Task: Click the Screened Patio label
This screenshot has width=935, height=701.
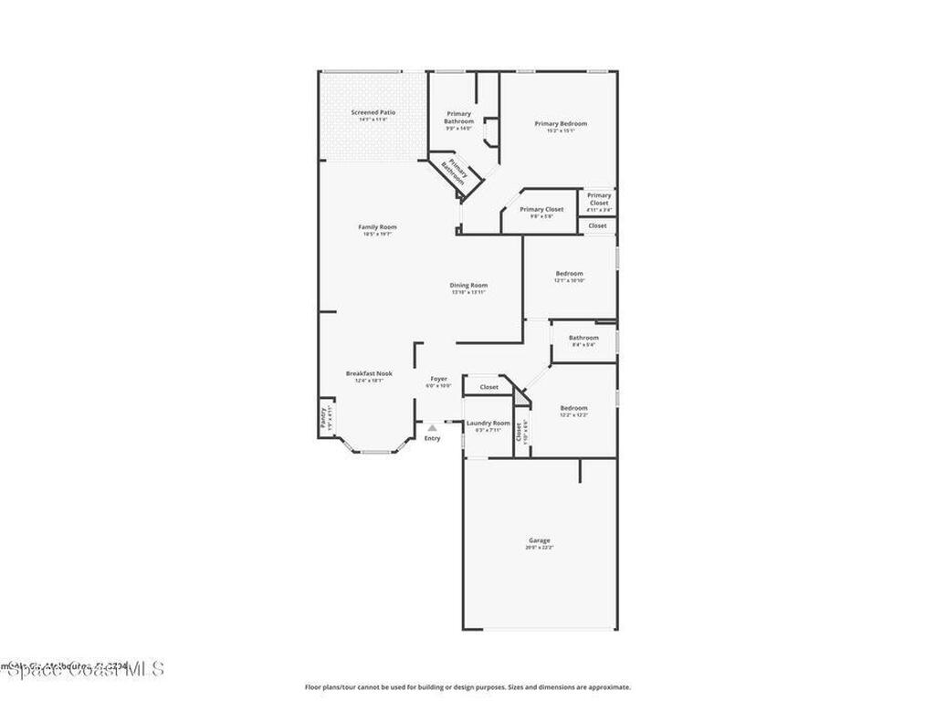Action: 373,112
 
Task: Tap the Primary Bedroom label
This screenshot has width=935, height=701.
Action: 561,123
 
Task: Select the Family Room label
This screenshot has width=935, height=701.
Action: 377,227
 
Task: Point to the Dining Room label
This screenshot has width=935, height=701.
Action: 468,285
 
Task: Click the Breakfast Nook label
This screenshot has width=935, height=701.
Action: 369,373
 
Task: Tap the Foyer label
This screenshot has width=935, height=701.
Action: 438,378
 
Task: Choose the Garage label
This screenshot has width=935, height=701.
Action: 539,540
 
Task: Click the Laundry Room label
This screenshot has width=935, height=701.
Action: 488,423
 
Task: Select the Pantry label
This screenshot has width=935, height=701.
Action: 322,417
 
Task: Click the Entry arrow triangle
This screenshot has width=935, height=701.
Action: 432,427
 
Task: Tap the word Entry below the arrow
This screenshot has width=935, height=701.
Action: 432,438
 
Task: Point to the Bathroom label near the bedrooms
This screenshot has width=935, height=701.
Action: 583,338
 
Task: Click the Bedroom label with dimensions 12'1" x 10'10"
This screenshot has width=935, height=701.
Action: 569,274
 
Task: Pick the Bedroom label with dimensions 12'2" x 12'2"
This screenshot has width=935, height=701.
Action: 573,408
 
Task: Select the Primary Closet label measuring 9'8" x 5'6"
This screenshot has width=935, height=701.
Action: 541,210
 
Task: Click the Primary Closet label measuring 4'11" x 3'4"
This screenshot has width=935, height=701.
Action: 599,199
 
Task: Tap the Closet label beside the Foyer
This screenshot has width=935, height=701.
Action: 489,387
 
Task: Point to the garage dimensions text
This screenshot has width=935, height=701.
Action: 539,548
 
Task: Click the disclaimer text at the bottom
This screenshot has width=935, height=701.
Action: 467,687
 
